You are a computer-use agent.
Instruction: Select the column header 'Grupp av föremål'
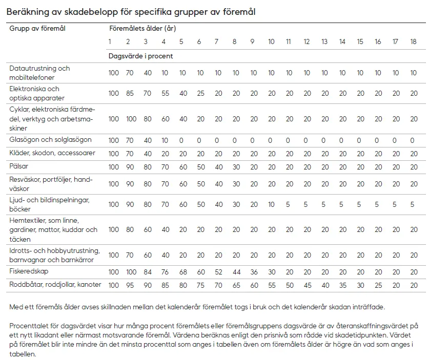[37, 29]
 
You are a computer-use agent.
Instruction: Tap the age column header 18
[413, 42]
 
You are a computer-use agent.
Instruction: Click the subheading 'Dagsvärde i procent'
[140, 56]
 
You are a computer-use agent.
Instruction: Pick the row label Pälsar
[19, 166]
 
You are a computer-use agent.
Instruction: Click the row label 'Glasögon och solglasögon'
[50, 140]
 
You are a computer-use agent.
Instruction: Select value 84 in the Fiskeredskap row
[147, 272]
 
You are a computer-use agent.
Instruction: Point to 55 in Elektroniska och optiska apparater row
[165, 93]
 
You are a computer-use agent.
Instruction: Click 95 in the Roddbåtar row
[129, 285]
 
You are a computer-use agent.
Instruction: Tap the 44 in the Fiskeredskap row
[236, 272]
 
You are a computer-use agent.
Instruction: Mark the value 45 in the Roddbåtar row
[307, 285]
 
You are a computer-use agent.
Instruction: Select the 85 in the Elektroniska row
[129, 93]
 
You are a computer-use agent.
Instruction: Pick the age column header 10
[271, 42]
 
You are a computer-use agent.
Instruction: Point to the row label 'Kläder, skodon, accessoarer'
[52, 153]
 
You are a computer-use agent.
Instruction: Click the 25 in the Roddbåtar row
[378, 285]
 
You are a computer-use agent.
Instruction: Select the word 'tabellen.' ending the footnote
[23, 354]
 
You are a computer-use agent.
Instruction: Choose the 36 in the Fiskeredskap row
[254, 272]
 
